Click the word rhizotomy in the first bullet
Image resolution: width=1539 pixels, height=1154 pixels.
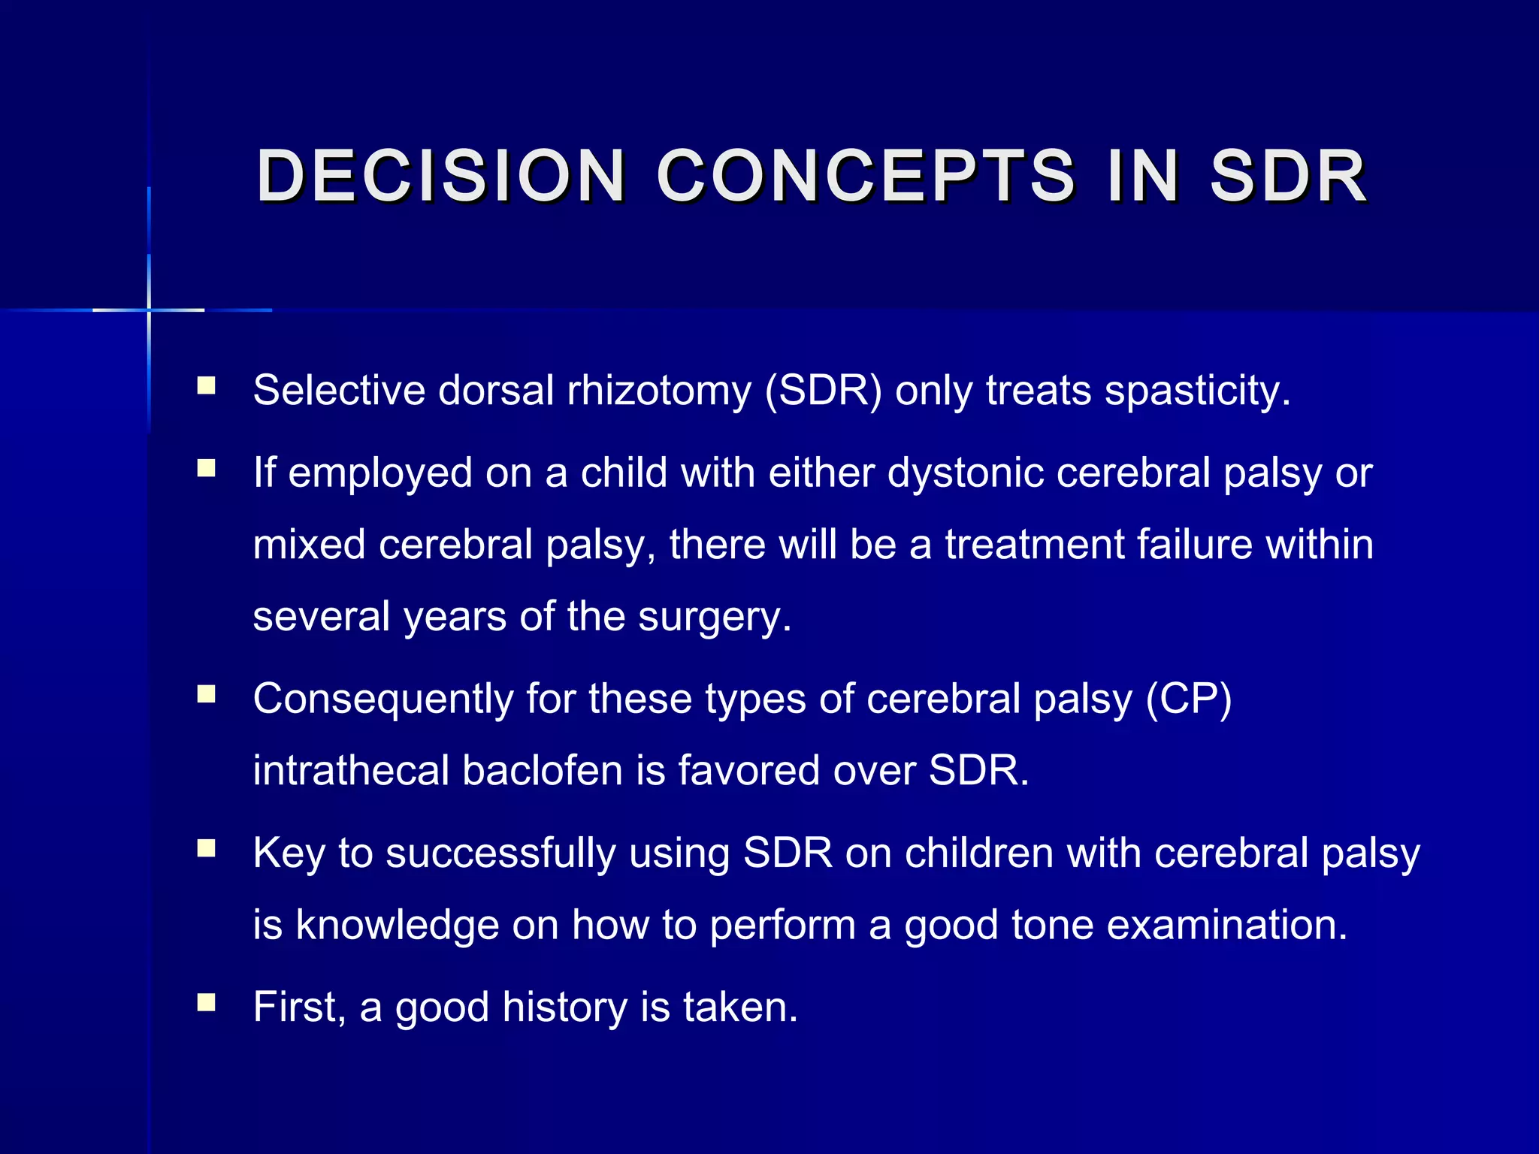point(659,391)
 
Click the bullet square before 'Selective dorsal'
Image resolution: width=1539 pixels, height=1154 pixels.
point(206,386)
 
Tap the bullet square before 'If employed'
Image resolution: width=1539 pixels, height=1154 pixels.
point(206,469)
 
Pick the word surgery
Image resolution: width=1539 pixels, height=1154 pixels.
point(714,617)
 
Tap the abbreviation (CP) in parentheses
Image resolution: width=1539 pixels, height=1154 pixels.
point(1189,699)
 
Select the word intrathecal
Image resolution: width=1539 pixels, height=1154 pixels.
point(350,771)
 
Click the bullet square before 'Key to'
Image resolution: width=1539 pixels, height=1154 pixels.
point(206,848)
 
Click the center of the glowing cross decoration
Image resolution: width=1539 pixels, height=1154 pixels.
point(149,310)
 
